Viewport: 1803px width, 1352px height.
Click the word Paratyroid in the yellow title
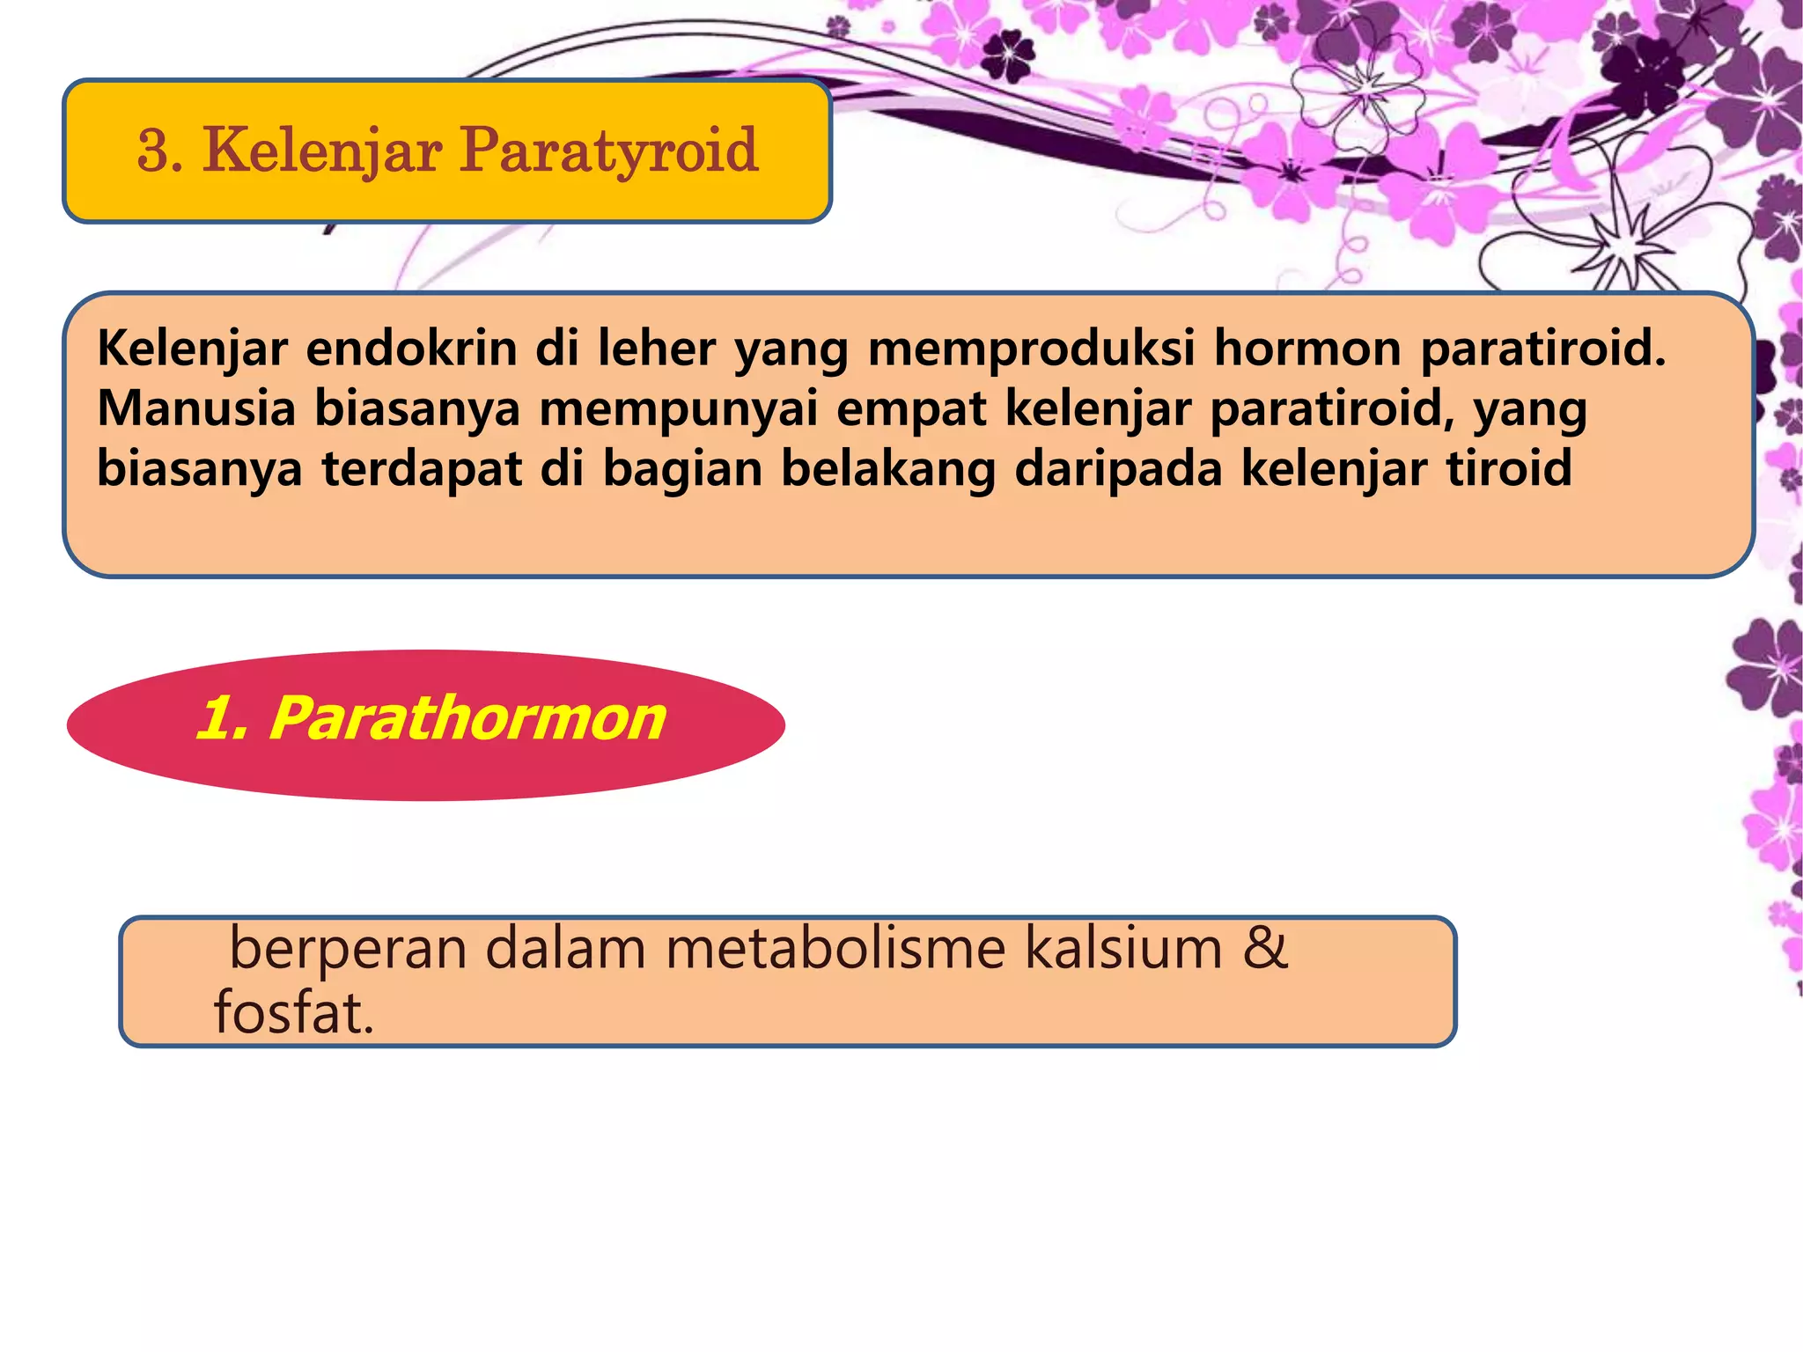pos(608,151)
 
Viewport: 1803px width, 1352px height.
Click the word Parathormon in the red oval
pos(467,718)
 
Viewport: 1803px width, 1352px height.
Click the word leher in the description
pos(657,349)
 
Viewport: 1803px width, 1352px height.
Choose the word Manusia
pos(195,408)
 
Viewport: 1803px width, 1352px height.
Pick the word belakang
pos(888,468)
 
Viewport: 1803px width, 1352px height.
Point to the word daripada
pos(1118,470)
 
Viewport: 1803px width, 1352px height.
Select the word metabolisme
pos(835,950)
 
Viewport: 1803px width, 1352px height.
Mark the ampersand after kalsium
pos(1266,950)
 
